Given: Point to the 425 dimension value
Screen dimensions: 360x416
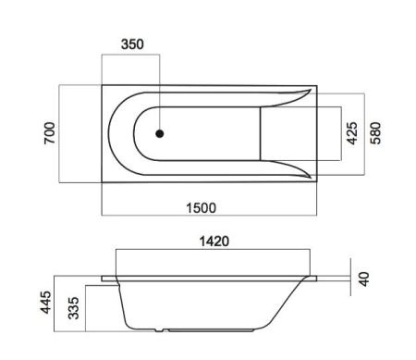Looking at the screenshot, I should point(351,132).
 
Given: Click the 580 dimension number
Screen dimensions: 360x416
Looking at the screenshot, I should point(376,132).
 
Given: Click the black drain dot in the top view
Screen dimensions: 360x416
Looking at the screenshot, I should point(160,133).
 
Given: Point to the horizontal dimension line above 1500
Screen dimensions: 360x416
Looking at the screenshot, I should point(209,216).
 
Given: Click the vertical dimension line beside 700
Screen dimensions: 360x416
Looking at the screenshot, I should point(61,132).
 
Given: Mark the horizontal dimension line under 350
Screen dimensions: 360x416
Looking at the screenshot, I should point(130,53).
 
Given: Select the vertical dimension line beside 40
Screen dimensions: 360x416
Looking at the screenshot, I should point(351,275).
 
